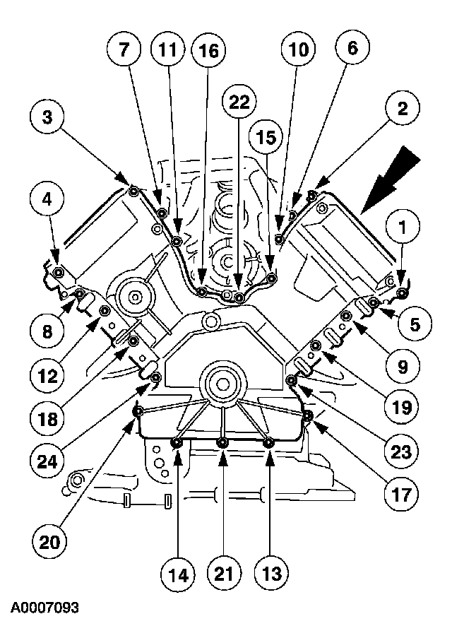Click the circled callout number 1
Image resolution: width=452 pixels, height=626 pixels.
coord(400,228)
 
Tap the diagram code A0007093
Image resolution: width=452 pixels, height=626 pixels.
coord(44,608)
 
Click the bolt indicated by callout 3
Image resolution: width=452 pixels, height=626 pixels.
coord(133,189)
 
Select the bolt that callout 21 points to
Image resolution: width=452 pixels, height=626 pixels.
coord(222,442)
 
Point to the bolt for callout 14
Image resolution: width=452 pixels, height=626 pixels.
coord(177,442)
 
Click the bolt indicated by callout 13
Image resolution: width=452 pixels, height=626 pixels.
coord(268,442)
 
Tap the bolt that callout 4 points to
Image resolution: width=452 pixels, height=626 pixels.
coord(58,273)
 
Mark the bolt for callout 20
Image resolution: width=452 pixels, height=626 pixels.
coord(139,411)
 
